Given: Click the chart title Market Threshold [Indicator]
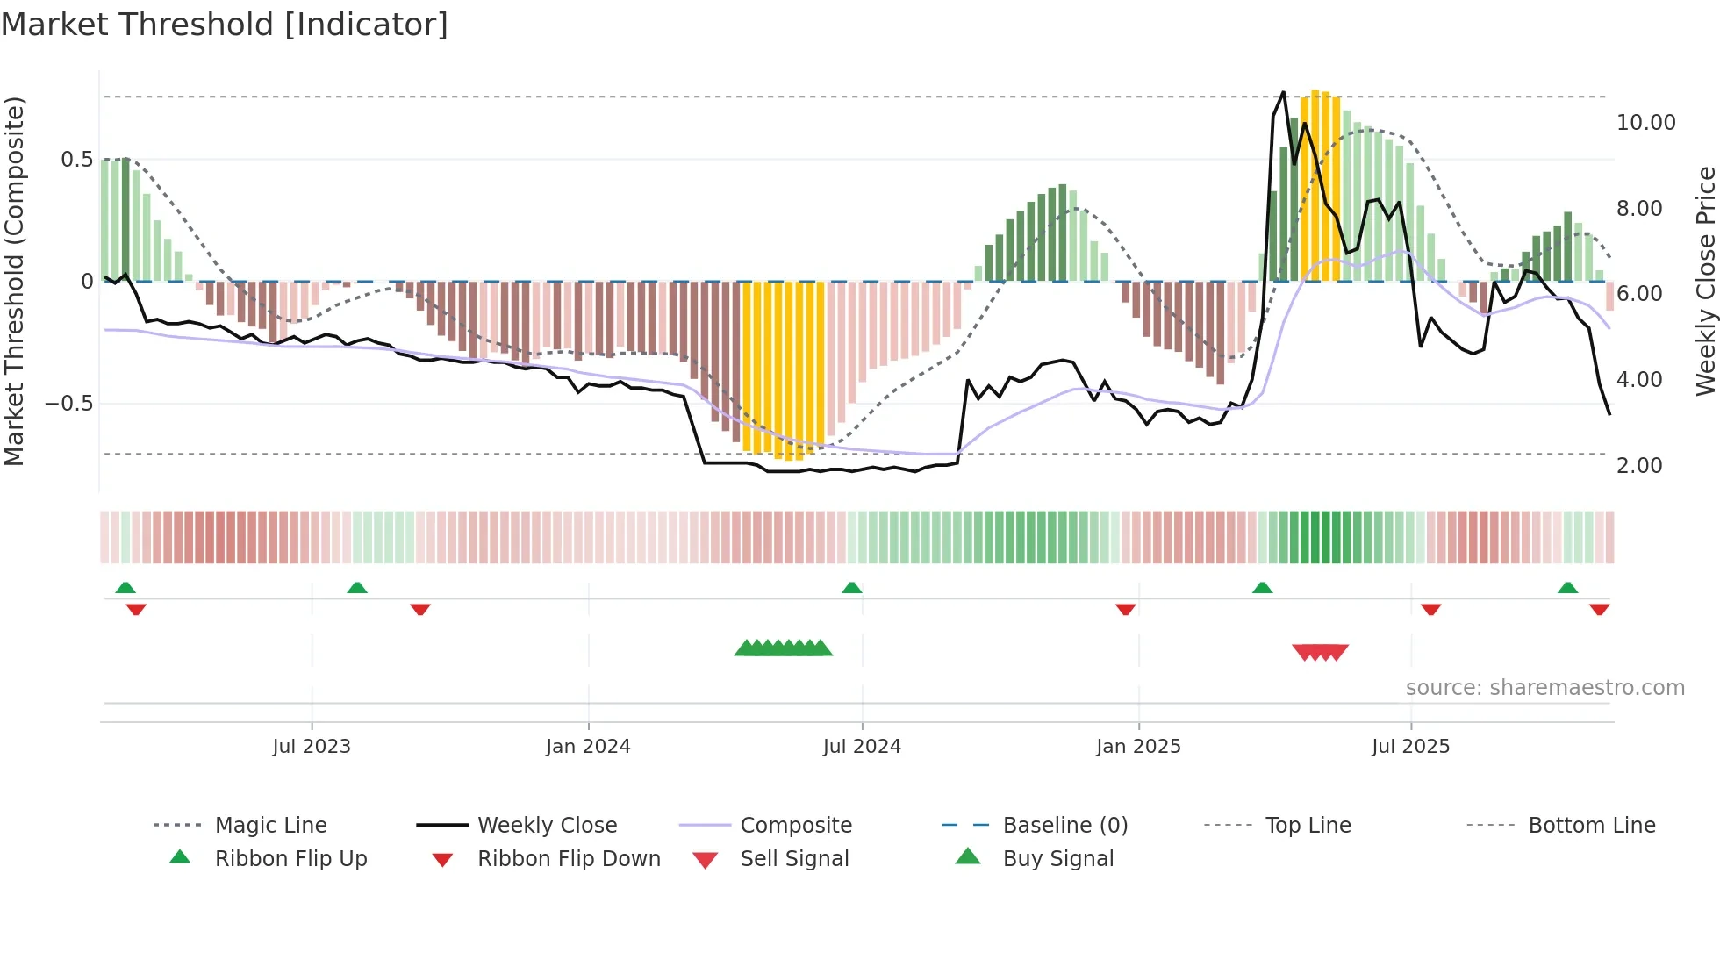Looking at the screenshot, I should pos(225,25).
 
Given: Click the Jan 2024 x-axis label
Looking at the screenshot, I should pos(588,746).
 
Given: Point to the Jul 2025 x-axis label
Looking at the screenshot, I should pos(1410,746).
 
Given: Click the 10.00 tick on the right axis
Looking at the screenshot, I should pos(1645,122).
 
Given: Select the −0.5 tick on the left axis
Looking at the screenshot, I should pos(68,404).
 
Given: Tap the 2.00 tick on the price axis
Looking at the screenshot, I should pos(1639,465).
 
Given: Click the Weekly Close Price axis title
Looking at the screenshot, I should pos(1705,281).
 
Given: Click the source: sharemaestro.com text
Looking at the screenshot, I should pos(1544,687).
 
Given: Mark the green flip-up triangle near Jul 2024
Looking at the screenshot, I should pos(851,588).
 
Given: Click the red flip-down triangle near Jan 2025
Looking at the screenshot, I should pos(1125,609).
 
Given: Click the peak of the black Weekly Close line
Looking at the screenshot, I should pos(1283,92).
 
